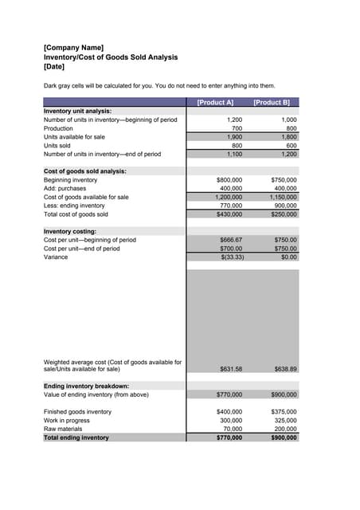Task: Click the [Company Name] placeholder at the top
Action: point(73,48)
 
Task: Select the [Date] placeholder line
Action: point(54,66)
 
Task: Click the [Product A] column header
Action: point(215,102)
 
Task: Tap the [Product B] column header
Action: point(271,102)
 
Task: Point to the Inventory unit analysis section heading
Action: point(77,111)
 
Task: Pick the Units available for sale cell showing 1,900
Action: point(234,137)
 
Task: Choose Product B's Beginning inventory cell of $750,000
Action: point(284,180)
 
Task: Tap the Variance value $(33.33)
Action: point(231,257)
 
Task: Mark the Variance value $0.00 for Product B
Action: point(288,257)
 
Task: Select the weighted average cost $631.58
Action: point(231,369)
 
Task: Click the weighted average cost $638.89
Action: point(285,369)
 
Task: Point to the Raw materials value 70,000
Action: point(232,429)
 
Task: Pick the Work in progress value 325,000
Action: point(285,420)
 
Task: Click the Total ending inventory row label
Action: point(76,437)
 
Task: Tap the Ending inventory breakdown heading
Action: point(86,386)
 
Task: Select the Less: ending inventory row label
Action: point(79,206)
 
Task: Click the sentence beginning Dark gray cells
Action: point(159,85)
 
